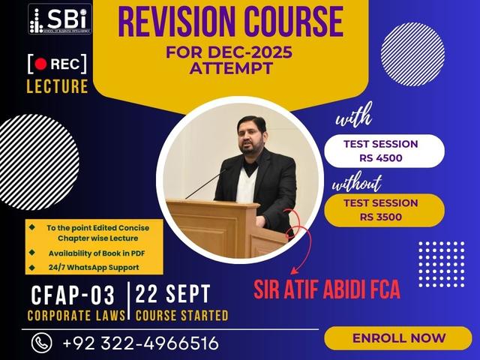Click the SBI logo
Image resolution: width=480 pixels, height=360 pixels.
click(x=60, y=19)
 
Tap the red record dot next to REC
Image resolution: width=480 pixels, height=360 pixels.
click(x=40, y=64)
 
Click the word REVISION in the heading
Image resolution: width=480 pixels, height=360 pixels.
click(x=174, y=23)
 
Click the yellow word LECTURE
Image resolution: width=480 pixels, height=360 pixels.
click(x=57, y=85)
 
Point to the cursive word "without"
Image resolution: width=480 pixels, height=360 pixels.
click(x=356, y=182)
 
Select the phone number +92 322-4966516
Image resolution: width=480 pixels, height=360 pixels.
click(x=141, y=343)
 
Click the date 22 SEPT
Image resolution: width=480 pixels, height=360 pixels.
click(x=174, y=294)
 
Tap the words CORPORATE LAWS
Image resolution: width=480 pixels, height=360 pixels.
click(x=76, y=316)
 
